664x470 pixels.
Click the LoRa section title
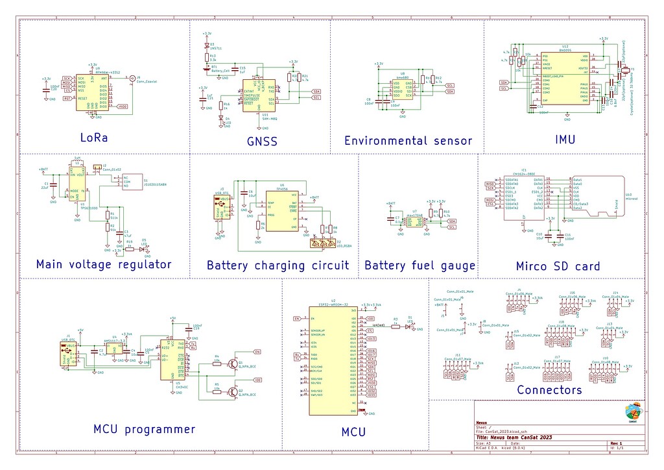pos(93,138)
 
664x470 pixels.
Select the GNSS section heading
pos(261,141)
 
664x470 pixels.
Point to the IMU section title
pos(565,140)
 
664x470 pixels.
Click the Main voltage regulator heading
pos(104,264)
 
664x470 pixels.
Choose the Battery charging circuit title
pos(278,265)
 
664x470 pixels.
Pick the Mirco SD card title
pos(558,266)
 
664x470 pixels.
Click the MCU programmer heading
pos(144,429)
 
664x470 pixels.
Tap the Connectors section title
pos(549,390)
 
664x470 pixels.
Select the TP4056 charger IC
pos(282,210)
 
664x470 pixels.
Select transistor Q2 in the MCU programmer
pos(233,391)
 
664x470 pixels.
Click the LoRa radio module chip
pos(92,92)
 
